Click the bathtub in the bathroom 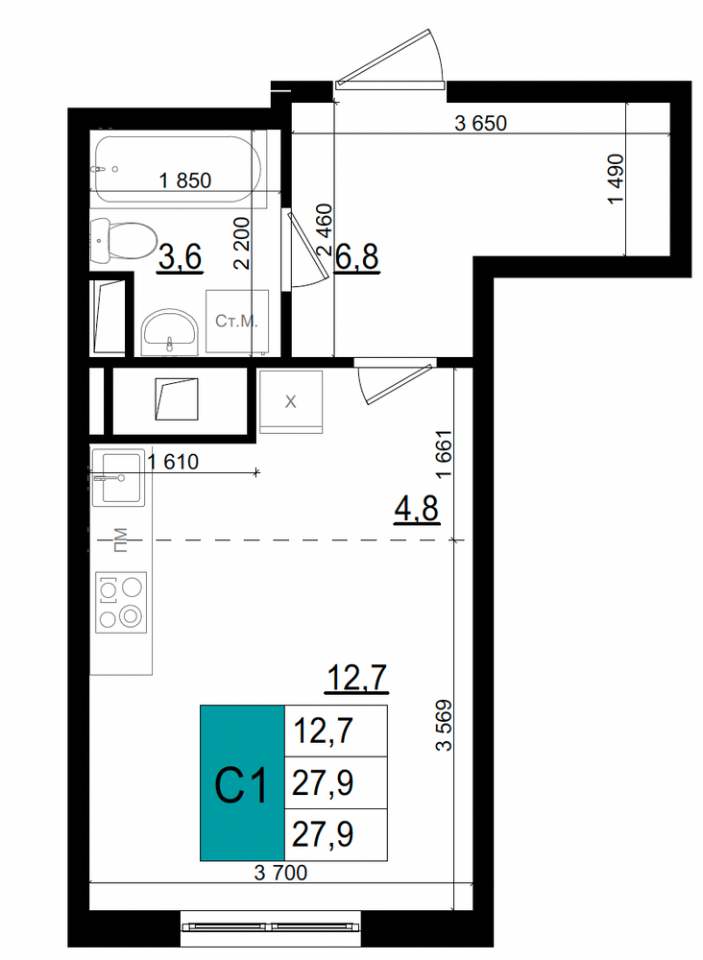coord(178,169)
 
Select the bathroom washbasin coord(170,332)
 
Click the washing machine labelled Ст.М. coord(237,322)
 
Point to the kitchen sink coord(119,477)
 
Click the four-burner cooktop coord(121,603)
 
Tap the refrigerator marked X coord(290,401)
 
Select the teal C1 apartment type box coord(243,783)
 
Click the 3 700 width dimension coord(280,873)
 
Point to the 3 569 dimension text coord(444,726)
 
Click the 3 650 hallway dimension coord(481,124)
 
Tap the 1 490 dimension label coord(616,180)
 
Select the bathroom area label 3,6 coord(180,256)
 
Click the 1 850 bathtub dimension coord(185,180)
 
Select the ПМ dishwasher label coord(121,540)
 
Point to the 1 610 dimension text coord(173,462)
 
